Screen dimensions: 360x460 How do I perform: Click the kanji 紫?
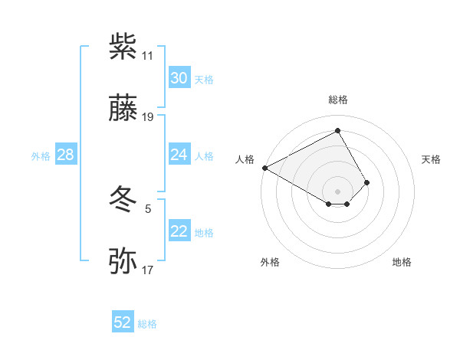click(123, 47)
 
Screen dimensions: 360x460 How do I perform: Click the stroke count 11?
click(147, 56)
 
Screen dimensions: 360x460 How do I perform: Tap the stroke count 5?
click(147, 208)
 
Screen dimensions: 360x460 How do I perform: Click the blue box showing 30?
click(179, 78)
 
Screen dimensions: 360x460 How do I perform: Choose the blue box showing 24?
click(179, 155)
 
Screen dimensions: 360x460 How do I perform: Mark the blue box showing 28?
click(65, 155)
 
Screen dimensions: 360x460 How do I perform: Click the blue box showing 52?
click(123, 323)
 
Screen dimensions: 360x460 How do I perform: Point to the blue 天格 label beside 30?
click(204, 80)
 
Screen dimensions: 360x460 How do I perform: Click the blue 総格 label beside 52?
click(147, 324)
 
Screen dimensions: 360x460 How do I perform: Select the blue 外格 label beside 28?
click(41, 156)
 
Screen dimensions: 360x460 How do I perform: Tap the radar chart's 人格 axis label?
click(245, 159)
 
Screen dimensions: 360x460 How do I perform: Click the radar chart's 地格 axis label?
click(402, 262)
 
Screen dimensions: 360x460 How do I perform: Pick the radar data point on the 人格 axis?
click(264, 167)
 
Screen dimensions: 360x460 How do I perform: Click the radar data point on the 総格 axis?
click(337, 130)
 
